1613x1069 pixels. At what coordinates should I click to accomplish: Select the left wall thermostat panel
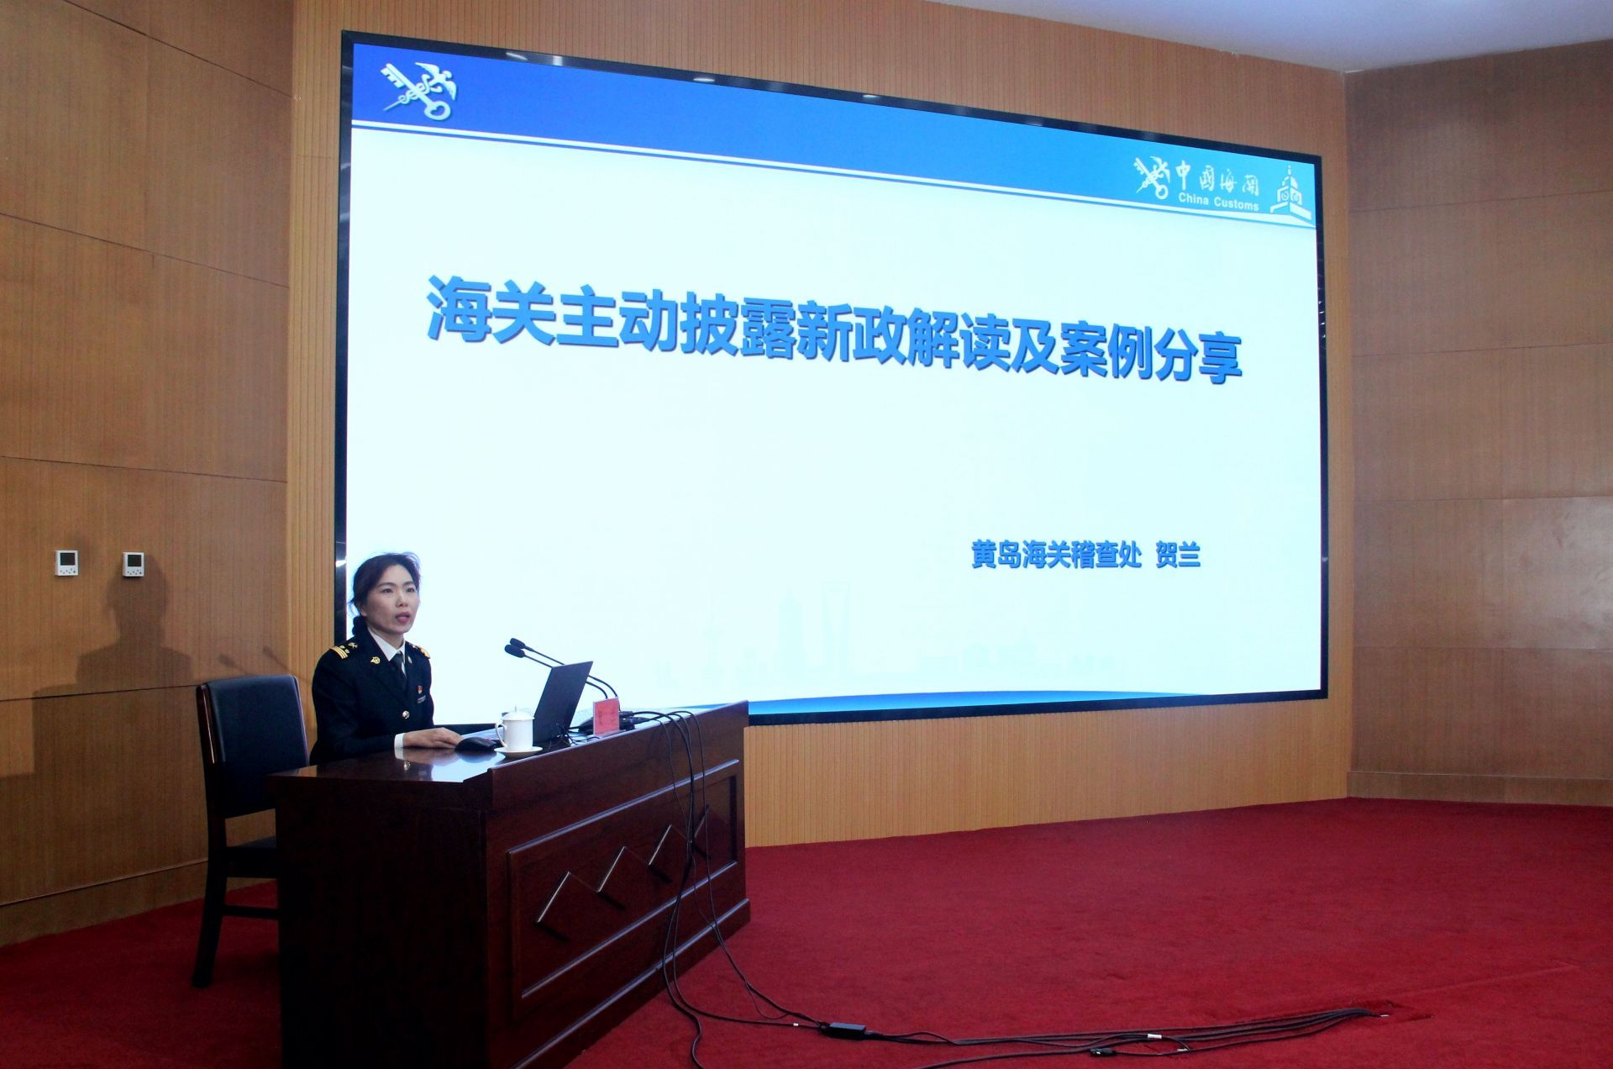click(x=66, y=563)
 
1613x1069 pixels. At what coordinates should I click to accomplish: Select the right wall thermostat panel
click(x=133, y=564)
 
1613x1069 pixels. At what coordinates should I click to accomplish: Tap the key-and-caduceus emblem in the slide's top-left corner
click(x=419, y=89)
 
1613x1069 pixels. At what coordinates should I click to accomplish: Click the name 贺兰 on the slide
click(x=1178, y=556)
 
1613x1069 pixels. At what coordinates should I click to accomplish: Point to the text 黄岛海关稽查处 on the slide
click(x=1058, y=556)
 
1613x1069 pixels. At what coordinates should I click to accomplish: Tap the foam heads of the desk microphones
click(x=516, y=647)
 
